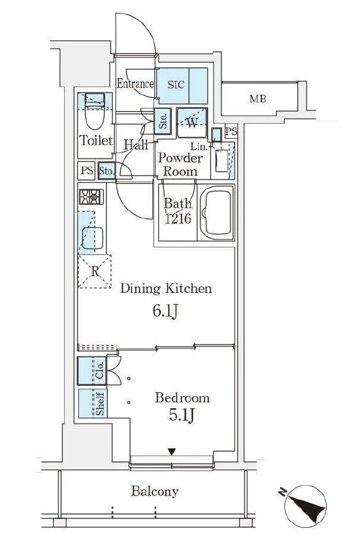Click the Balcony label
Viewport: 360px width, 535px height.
[155, 491]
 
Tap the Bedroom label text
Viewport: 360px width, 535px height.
[182, 398]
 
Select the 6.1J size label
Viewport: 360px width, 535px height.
[165, 311]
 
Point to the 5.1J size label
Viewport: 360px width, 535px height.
[182, 415]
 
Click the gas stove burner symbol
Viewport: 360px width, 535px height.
[91, 197]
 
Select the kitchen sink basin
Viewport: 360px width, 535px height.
[93, 238]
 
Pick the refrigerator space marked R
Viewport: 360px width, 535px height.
[95, 271]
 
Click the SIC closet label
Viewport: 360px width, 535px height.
[176, 85]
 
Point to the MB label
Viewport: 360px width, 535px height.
[258, 99]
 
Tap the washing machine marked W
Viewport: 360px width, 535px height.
[192, 122]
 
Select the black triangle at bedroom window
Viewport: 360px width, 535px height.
[172, 452]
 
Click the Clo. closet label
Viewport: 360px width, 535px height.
[100, 371]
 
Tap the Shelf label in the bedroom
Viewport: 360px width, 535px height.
[100, 403]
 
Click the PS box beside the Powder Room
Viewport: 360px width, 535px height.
[231, 131]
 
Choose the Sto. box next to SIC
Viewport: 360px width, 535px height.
[163, 121]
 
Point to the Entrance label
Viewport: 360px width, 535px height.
[135, 83]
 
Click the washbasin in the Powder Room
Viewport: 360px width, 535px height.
[222, 160]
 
